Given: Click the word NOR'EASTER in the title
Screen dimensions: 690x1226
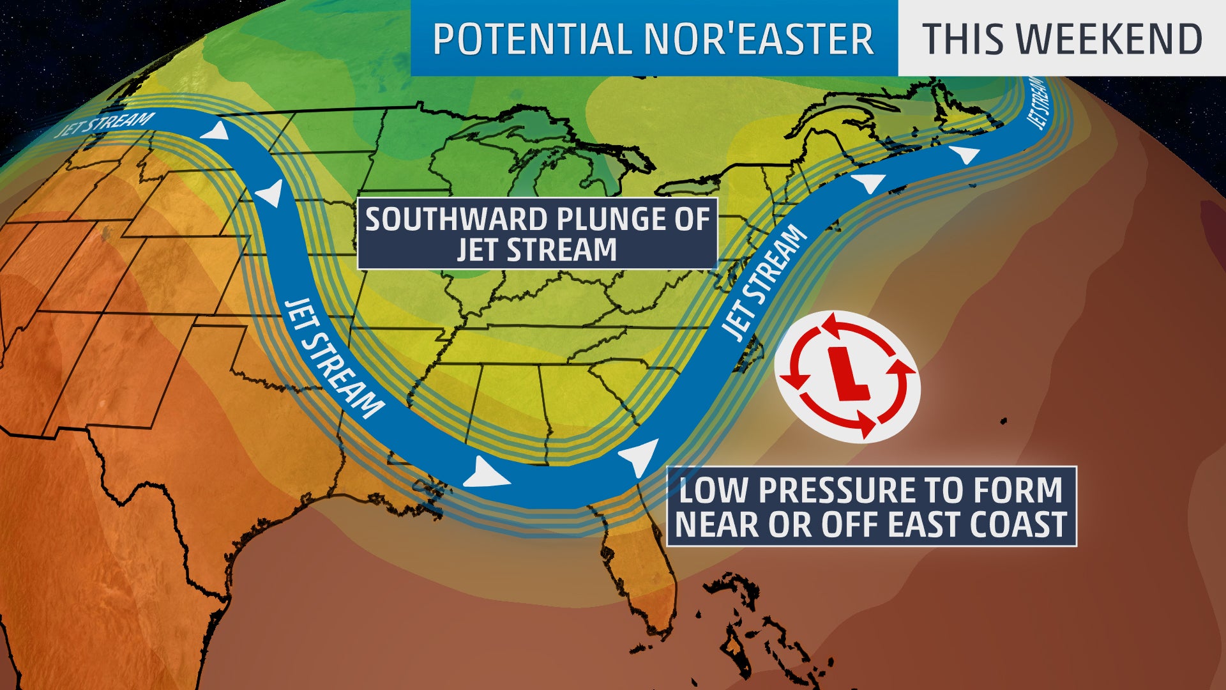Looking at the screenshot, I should click(x=758, y=39).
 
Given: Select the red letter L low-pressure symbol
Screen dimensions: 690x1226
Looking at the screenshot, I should click(x=848, y=374).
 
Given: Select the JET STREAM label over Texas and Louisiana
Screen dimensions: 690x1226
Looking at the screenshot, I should click(x=333, y=358).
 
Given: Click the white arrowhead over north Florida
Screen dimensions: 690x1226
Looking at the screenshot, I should click(x=640, y=456).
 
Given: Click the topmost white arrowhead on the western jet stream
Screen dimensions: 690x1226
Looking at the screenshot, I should click(x=215, y=132).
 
